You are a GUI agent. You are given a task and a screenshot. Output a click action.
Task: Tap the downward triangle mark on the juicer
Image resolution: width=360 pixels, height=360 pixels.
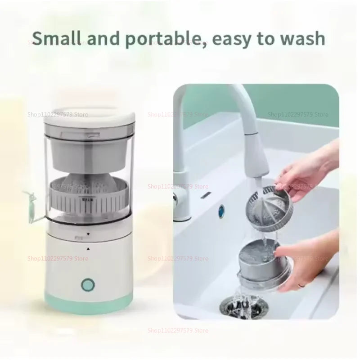(88, 234)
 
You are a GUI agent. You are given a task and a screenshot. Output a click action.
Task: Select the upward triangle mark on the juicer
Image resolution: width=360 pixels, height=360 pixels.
(88, 248)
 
